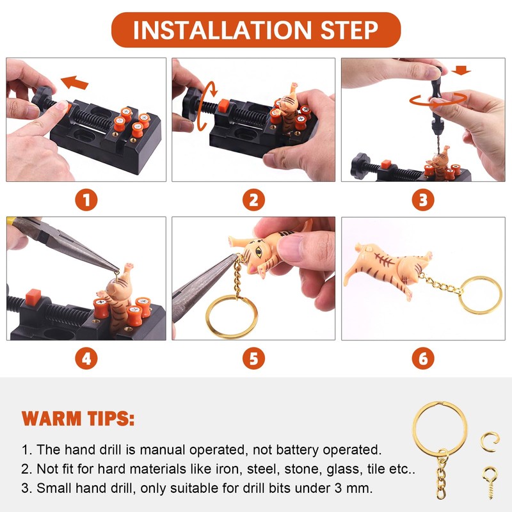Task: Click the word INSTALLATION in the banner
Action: [222, 30]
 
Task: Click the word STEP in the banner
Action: [349, 30]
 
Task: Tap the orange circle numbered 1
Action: [86, 200]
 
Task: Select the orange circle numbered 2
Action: [253, 200]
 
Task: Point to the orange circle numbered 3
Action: [423, 200]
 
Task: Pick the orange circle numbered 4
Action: [86, 358]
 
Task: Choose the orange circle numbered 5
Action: [253, 358]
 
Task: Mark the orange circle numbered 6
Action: [423, 358]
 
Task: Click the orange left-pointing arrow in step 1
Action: [74, 83]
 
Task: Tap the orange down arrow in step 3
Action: [461, 70]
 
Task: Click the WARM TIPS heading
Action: [78, 419]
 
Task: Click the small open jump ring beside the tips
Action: [490, 442]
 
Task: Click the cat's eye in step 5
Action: [259, 252]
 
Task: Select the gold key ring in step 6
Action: [481, 295]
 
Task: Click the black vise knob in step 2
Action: [190, 104]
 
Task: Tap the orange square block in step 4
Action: [33, 297]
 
